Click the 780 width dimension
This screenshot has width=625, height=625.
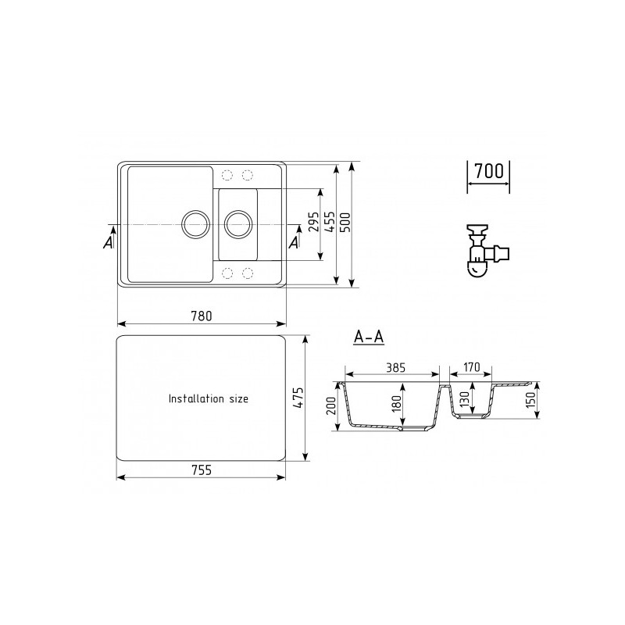click(202, 316)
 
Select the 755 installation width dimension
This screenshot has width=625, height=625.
click(202, 470)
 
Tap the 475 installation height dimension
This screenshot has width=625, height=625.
click(298, 398)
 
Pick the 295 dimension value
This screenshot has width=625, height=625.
click(313, 225)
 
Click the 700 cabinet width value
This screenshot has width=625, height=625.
click(488, 171)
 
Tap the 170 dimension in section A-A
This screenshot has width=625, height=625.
click(471, 367)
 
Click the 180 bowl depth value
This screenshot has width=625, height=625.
click(396, 403)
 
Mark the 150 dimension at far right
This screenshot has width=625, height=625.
click(530, 402)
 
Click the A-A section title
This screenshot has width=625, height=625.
click(368, 337)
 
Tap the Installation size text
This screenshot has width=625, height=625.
click(209, 398)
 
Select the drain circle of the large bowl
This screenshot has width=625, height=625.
click(195, 223)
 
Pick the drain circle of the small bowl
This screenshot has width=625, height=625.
click(237, 223)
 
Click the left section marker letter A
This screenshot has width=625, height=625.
click(108, 243)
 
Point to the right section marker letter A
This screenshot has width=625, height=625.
click(294, 243)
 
